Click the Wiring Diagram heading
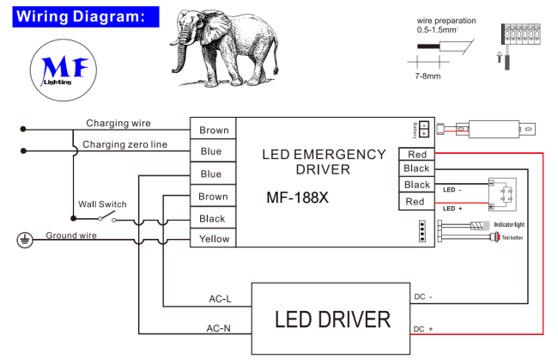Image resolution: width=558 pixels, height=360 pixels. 76,16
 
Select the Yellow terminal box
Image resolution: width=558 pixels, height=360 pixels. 214,239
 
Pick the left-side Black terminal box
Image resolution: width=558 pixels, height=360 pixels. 214,218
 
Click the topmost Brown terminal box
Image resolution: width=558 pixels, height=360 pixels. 214,130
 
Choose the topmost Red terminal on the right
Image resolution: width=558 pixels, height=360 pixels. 415,154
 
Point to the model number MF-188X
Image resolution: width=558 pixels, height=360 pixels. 298,197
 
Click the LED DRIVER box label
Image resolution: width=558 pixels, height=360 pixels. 332,320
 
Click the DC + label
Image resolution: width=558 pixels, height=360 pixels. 423,329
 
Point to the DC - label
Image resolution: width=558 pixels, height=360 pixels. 422,297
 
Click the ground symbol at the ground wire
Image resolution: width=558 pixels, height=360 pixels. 24,240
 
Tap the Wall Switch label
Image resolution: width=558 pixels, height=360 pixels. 102,204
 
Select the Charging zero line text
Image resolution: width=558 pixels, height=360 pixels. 125,144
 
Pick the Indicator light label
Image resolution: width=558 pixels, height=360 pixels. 508,224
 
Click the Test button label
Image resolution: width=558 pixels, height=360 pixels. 512,236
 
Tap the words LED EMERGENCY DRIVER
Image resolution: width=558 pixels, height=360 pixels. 324,162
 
